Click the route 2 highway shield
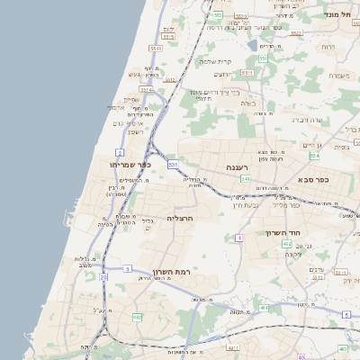pos(120,153)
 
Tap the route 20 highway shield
pos(103,278)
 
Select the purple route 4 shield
pos(239,238)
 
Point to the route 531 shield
pos(172,165)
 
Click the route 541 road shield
pos(245,178)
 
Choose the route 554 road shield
pos(314,156)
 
